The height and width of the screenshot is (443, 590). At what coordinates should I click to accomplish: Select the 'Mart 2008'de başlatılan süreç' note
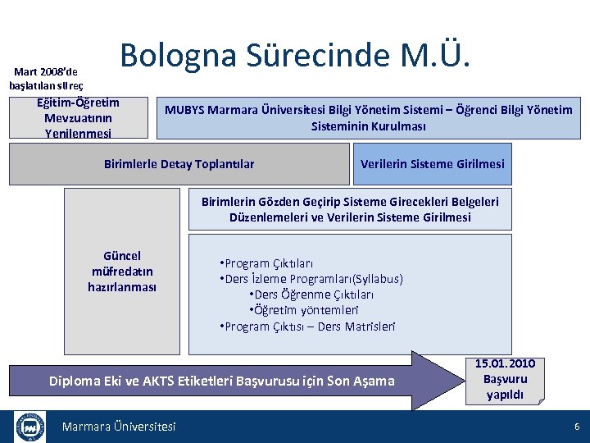pyautogui.click(x=46, y=79)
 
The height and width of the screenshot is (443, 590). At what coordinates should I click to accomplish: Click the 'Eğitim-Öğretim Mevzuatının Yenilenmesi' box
pyautogui.click(x=79, y=117)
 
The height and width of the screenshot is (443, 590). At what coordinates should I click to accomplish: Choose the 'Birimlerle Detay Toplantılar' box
pyautogui.click(x=179, y=164)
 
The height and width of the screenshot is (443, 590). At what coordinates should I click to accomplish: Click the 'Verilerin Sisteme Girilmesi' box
pyautogui.click(x=432, y=164)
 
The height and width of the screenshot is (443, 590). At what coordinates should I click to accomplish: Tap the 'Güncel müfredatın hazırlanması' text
pyautogui.click(x=122, y=272)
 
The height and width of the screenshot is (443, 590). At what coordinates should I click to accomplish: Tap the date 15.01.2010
pyautogui.click(x=506, y=364)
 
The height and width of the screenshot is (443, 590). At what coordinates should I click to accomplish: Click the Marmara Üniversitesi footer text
pyautogui.click(x=119, y=427)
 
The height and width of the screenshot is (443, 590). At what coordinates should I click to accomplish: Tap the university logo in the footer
pyautogui.click(x=30, y=427)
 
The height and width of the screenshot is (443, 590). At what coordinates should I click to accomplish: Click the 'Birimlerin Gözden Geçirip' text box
pyautogui.click(x=350, y=209)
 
